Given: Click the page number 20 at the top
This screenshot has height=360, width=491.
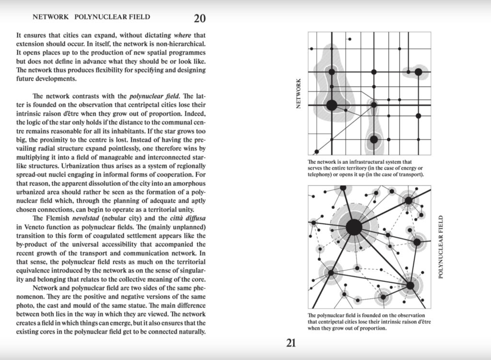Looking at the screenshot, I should pos(200,19).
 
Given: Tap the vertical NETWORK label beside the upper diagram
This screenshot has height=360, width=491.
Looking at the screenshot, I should pos(299,93).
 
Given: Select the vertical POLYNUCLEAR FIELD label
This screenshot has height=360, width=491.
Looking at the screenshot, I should pos(441,247).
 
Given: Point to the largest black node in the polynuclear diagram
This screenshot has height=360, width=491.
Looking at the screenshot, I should pos(354,227).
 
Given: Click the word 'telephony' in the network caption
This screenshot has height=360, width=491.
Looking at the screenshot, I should pos(323,175).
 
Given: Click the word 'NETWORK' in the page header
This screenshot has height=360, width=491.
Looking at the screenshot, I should pos(50,17).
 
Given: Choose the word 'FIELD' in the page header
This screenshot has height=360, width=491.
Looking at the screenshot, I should pos(139,17).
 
